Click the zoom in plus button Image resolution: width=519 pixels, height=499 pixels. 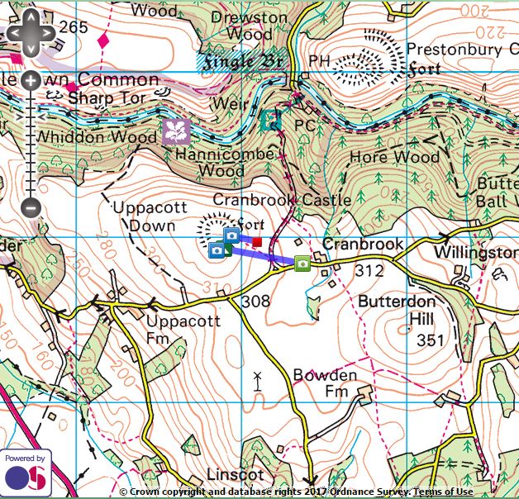(x=31, y=80)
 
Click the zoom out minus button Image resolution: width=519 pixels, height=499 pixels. (x=31, y=207)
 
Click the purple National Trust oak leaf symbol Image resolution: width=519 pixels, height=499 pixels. (x=176, y=131)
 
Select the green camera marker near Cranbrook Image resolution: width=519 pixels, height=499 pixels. (x=302, y=264)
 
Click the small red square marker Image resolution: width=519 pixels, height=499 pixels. (x=257, y=242)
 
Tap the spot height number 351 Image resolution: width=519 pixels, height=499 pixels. (x=430, y=340)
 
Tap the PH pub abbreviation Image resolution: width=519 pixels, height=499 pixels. (x=318, y=61)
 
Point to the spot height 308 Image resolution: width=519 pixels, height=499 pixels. (x=256, y=302)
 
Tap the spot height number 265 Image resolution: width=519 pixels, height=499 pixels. (x=73, y=27)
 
